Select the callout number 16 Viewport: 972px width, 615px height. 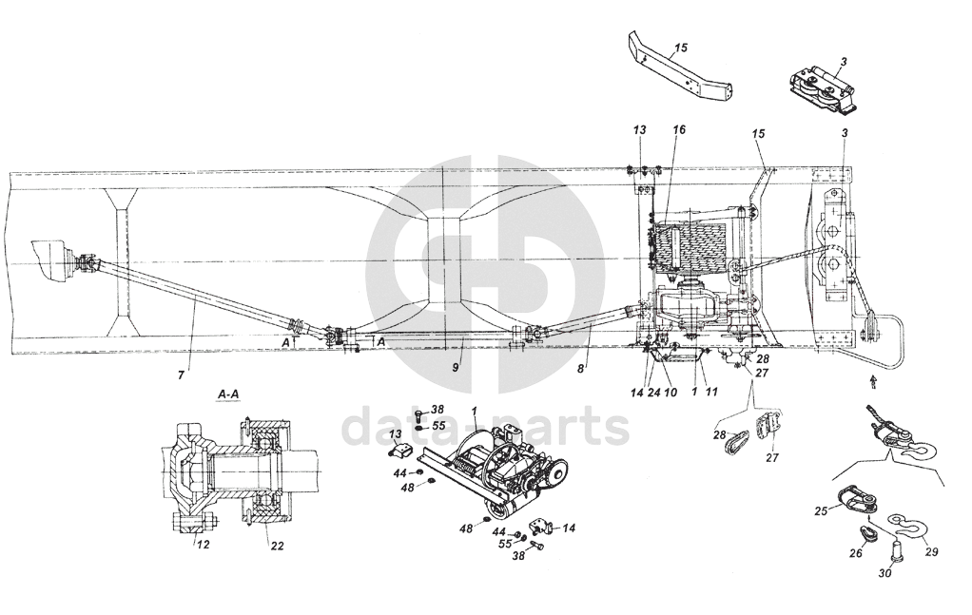(679, 128)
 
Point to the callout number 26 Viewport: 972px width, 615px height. (855, 553)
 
